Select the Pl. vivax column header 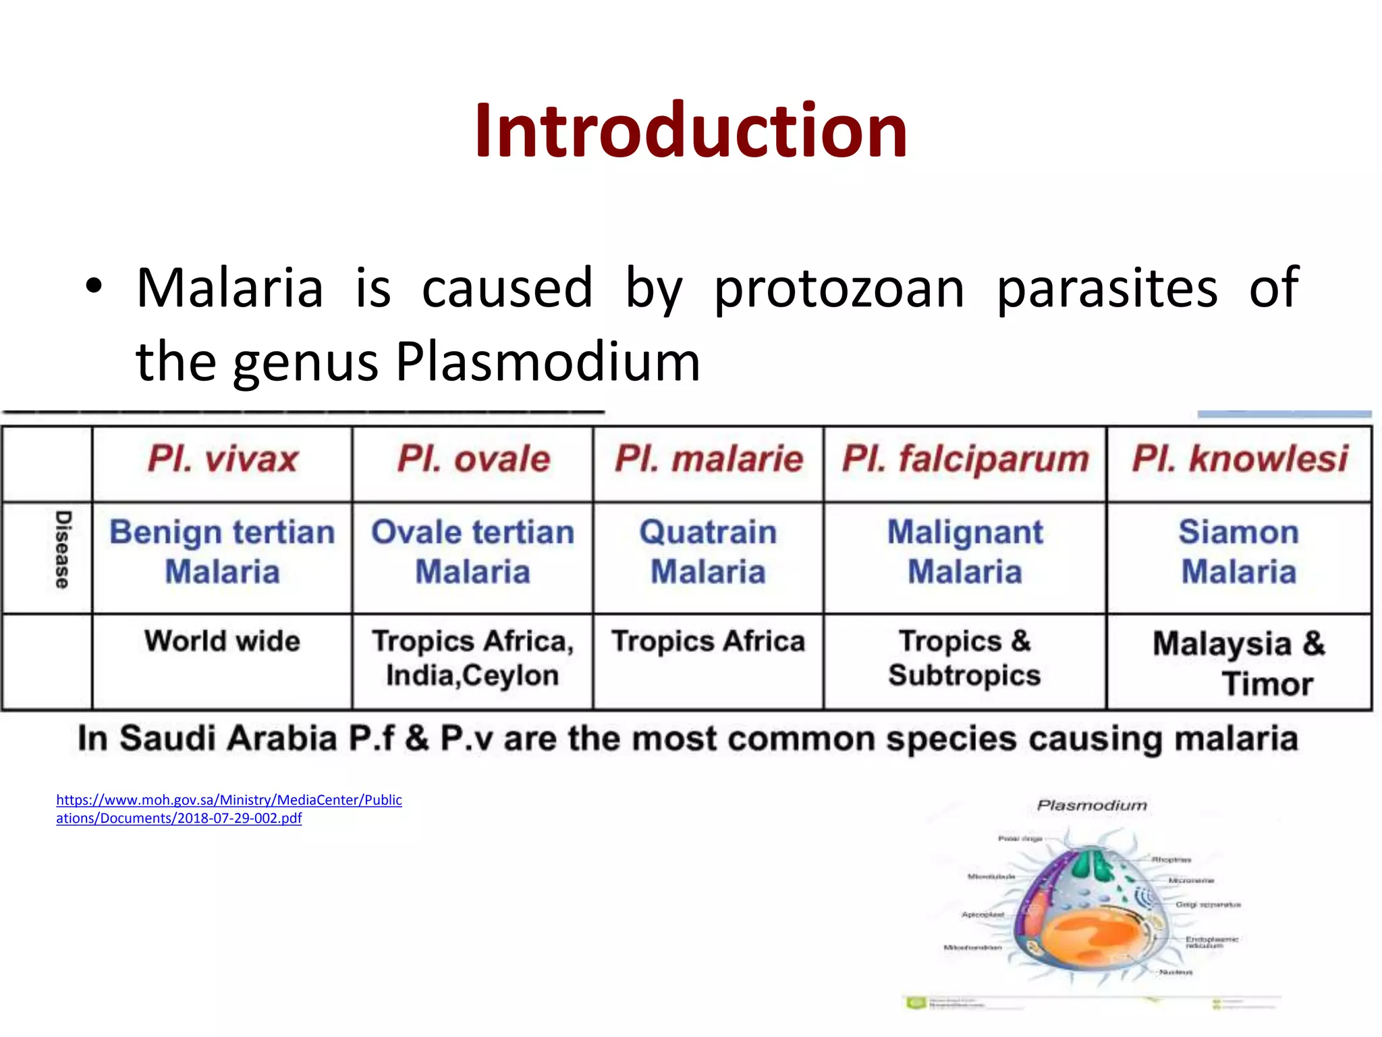(223, 460)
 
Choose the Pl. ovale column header (473, 460)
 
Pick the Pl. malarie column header (709, 460)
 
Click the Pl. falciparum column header (965, 460)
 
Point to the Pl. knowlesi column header (1239, 460)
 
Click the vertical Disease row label (62, 550)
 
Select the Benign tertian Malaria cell (222, 552)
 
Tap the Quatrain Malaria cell (708, 552)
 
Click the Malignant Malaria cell (964, 552)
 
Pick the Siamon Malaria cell (1238, 552)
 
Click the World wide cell (222, 641)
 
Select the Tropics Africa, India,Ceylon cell (472, 658)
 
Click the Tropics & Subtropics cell (964, 658)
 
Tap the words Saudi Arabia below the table (228, 739)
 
